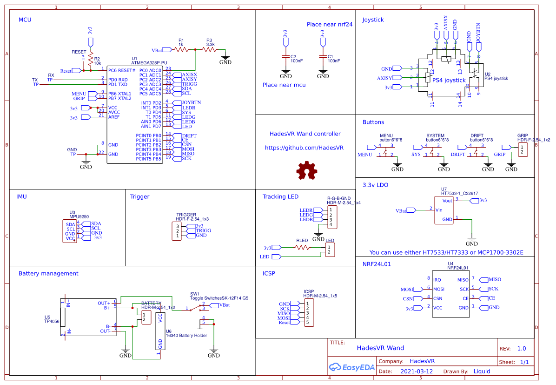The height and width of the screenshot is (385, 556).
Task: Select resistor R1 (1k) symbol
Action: point(181,49)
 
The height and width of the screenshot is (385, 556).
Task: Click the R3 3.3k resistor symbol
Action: point(209,49)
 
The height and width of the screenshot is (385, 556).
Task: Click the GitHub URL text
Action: point(304,148)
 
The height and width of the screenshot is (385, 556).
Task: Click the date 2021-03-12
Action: point(417,371)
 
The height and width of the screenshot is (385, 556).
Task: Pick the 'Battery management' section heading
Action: point(48,273)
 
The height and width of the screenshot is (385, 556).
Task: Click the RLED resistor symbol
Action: point(303,248)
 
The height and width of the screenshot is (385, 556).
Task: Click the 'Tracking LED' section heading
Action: point(280,196)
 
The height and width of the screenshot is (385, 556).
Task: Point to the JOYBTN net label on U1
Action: point(191,103)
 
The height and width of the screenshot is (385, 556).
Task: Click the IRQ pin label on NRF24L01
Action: point(437,280)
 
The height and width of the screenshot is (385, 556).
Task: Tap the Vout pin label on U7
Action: point(447,201)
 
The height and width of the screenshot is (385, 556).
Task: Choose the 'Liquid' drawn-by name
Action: point(482,371)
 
